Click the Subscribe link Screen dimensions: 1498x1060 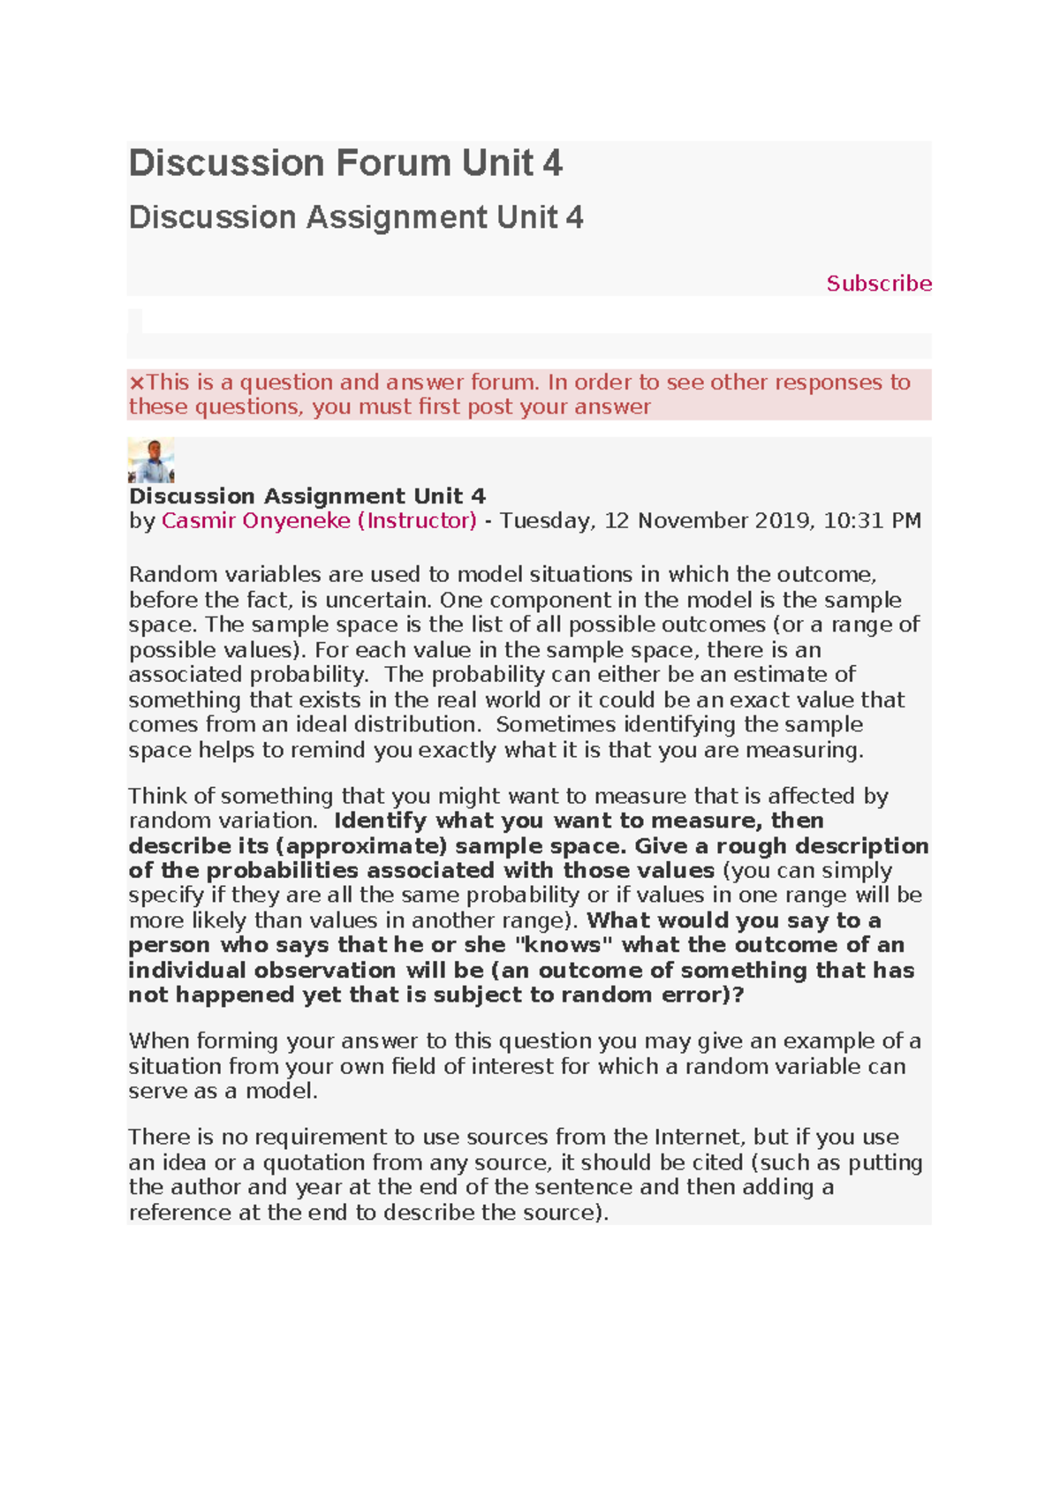(878, 284)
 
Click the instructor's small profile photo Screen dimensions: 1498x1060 (151, 460)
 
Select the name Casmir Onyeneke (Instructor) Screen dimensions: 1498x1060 (319, 521)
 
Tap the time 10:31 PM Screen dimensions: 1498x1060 (872, 521)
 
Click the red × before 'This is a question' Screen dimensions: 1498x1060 (136, 382)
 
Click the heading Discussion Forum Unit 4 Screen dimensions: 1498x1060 (345, 163)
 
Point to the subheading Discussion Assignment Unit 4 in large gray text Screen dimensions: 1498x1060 (356, 217)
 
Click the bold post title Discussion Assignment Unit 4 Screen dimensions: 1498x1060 (307, 496)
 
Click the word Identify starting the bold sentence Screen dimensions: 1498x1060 (380, 821)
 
